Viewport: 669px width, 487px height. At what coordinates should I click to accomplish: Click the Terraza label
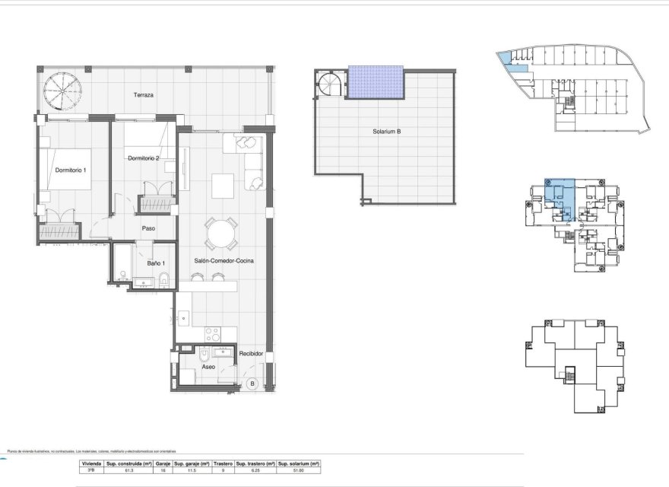tap(144, 95)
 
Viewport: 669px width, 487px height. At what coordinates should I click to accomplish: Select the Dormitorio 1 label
tap(71, 170)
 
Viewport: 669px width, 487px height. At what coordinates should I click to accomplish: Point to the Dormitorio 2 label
tap(144, 158)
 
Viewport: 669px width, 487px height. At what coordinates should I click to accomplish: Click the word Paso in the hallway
tap(149, 228)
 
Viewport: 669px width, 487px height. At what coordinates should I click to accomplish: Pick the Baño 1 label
tap(157, 263)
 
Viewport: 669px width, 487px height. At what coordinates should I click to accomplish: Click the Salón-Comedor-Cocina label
tap(224, 260)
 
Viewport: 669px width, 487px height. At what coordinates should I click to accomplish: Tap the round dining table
tap(221, 233)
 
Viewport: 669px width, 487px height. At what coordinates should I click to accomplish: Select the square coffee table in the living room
tap(223, 186)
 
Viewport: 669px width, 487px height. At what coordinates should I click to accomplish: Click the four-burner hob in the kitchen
tap(213, 334)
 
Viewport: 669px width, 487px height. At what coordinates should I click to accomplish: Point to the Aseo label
tap(208, 367)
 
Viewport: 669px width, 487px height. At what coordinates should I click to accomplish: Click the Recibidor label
tap(251, 354)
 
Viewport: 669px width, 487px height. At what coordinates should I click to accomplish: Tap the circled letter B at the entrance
tap(252, 384)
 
